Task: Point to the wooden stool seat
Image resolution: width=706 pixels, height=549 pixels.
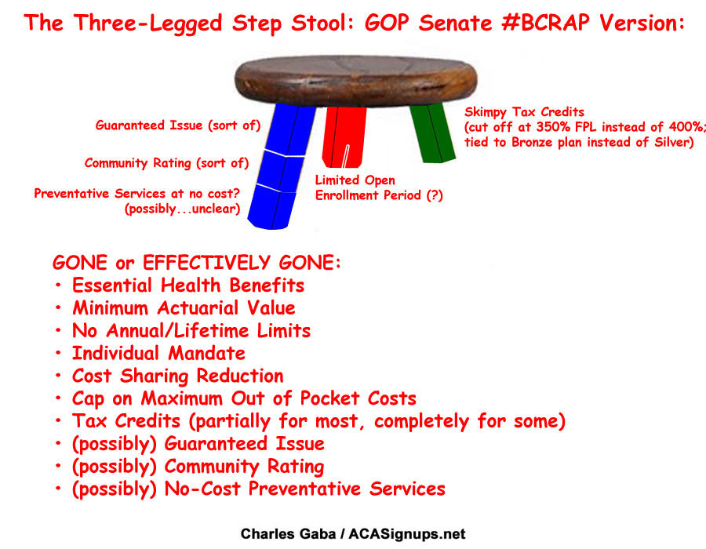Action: (x=355, y=81)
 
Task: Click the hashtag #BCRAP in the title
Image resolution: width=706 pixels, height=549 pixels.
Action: (x=545, y=23)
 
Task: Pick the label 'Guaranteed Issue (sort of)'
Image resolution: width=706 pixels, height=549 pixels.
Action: (x=178, y=125)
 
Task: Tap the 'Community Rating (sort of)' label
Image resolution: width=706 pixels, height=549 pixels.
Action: (x=166, y=163)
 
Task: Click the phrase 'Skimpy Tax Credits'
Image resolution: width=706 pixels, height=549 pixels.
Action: (x=524, y=111)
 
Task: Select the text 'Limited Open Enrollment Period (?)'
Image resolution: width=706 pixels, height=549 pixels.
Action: (x=379, y=187)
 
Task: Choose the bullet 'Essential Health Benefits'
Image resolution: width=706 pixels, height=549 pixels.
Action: (x=188, y=285)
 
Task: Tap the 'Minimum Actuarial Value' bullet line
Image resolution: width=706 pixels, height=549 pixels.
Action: (x=184, y=308)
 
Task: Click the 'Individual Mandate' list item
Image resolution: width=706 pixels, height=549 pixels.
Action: (x=158, y=353)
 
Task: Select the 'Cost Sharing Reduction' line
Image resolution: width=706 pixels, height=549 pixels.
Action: (x=178, y=376)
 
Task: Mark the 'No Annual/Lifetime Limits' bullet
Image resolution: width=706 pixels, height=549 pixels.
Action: (x=191, y=331)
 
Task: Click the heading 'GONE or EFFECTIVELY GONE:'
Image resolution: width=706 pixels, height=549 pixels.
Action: (x=196, y=263)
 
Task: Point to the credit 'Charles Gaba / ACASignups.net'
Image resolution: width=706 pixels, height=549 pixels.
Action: (x=353, y=533)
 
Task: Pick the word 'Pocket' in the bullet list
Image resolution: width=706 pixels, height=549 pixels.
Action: (x=329, y=398)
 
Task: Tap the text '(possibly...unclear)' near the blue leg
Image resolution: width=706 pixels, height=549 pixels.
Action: (x=182, y=209)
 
